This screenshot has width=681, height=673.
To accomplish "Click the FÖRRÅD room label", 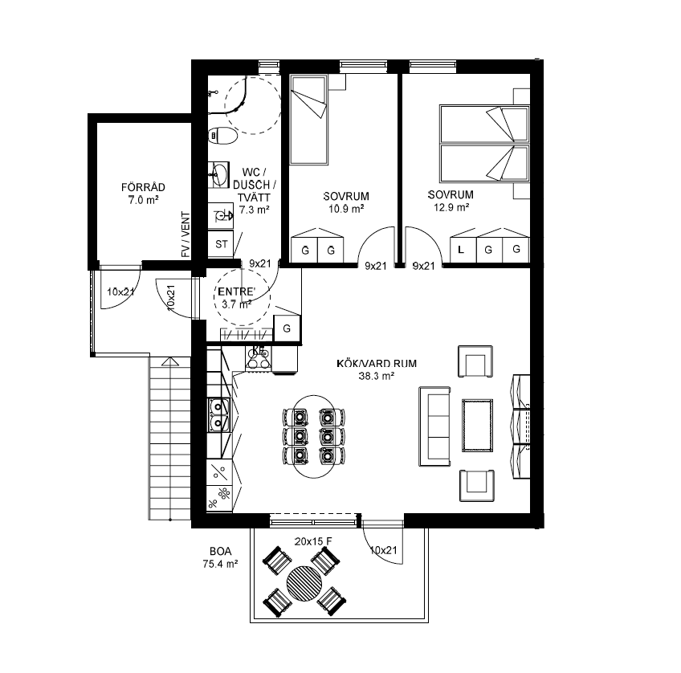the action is (143, 187).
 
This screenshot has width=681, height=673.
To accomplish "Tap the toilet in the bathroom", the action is (222, 136).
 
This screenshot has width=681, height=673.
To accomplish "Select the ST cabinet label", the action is (222, 244).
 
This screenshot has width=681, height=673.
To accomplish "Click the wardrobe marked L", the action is (463, 250).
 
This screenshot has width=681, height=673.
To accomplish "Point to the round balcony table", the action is (304, 583).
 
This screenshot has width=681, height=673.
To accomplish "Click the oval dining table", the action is (314, 436).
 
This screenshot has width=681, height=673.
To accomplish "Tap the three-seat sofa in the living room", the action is (434, 426).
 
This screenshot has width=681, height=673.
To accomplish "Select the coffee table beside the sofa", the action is (477, 426).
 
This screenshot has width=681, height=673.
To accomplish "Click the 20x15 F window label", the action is (313, 541).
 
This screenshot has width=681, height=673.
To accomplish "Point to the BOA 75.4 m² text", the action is (220, 557).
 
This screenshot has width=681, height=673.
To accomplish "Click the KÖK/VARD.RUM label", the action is (377, 364).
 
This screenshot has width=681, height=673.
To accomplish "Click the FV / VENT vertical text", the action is (186, 235).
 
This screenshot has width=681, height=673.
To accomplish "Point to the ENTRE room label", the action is (237, 292).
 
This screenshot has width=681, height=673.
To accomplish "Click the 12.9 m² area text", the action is (451, 207).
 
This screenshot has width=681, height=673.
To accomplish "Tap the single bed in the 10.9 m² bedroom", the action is (308, 120).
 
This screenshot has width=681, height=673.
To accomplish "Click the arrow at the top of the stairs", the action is (169, 361).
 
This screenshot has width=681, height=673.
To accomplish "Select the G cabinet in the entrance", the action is (287, 328).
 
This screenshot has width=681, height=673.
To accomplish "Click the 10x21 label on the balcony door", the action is (384, 550).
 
